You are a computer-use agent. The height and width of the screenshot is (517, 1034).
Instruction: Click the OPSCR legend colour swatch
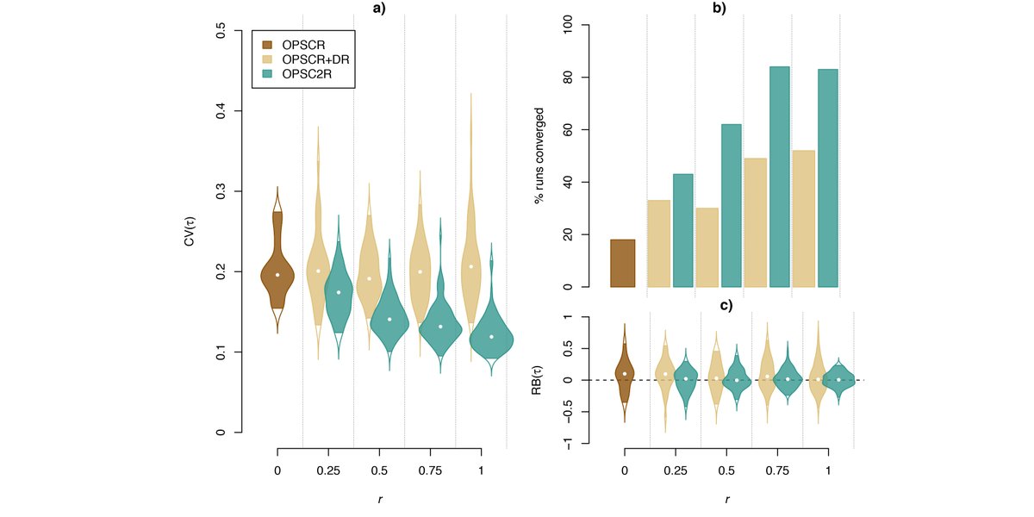pyautogui.click(x=268, y=44)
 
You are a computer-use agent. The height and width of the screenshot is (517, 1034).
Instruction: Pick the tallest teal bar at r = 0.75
pyautogui.click(x=779, y=177)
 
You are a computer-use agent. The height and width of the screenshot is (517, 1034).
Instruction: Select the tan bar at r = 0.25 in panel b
pyautogui.click(x=658, y=243)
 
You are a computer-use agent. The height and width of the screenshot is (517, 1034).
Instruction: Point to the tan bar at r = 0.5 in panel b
pyautogui.click(x=707, y=247)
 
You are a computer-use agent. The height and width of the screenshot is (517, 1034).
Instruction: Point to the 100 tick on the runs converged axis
pyautogui.click(x=565, y=25)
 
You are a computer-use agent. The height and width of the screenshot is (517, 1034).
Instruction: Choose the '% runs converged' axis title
pyautogui.click(x=539, y=155)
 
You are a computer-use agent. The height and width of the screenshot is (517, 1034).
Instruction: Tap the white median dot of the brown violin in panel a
pyautogui.click(x=277, y=275)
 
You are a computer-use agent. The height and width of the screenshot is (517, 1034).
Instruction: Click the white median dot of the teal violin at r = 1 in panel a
pyautogui.click(x=492, y=337)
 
